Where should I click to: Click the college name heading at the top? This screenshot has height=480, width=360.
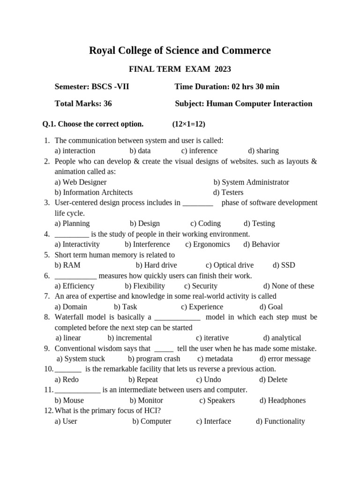click(180, 51)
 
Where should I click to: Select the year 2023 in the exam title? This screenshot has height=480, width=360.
click(223, 69)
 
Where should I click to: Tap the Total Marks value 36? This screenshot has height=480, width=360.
click(107, 104)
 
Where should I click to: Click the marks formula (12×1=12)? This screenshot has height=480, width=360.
click(188, 124)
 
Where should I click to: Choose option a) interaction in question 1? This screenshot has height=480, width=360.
click(75, 151)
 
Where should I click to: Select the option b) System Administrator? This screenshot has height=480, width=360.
click(251, 182)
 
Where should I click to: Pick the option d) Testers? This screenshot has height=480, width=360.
click(228, 193)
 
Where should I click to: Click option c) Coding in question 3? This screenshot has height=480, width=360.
click(205, 224)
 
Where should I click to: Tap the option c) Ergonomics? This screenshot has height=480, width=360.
click(208, 244)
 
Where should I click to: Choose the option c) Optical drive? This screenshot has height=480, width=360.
click(230, 265)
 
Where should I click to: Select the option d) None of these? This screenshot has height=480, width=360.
click(289, 286)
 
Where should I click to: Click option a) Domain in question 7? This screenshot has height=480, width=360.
click(71, 307)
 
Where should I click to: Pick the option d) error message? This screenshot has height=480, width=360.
click(285, 359)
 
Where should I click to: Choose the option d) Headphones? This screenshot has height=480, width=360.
click(282, 401)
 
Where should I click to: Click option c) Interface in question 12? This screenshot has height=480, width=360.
click(213, 421)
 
